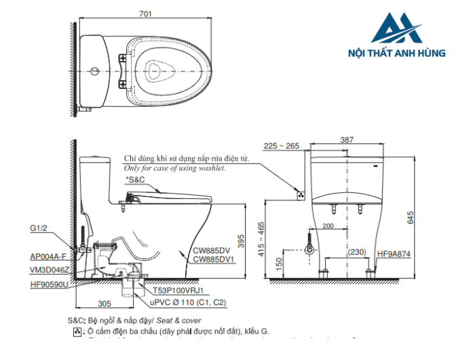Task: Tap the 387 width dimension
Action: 346,139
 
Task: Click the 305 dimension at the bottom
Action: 105,304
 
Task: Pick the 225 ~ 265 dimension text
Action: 281,145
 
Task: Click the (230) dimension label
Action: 358,253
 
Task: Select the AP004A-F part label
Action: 48,257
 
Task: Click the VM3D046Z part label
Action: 50,269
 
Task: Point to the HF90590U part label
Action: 49,284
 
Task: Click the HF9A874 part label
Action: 394,253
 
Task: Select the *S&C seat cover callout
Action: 135,179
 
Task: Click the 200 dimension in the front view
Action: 328,226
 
